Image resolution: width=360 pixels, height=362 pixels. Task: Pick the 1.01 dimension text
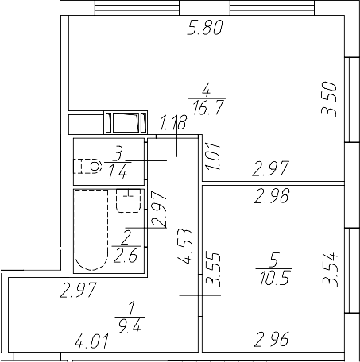click(x=211, y=151)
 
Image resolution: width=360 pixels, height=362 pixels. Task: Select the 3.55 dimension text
click(x=211, y=270)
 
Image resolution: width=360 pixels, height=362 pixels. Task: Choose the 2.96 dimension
click(x=270, y=343)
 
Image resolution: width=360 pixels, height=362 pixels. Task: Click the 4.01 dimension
click(x=91, y=343)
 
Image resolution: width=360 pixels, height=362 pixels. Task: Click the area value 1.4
click(x=118, y=171)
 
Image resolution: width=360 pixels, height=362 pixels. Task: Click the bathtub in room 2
click(x=90, y=231)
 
